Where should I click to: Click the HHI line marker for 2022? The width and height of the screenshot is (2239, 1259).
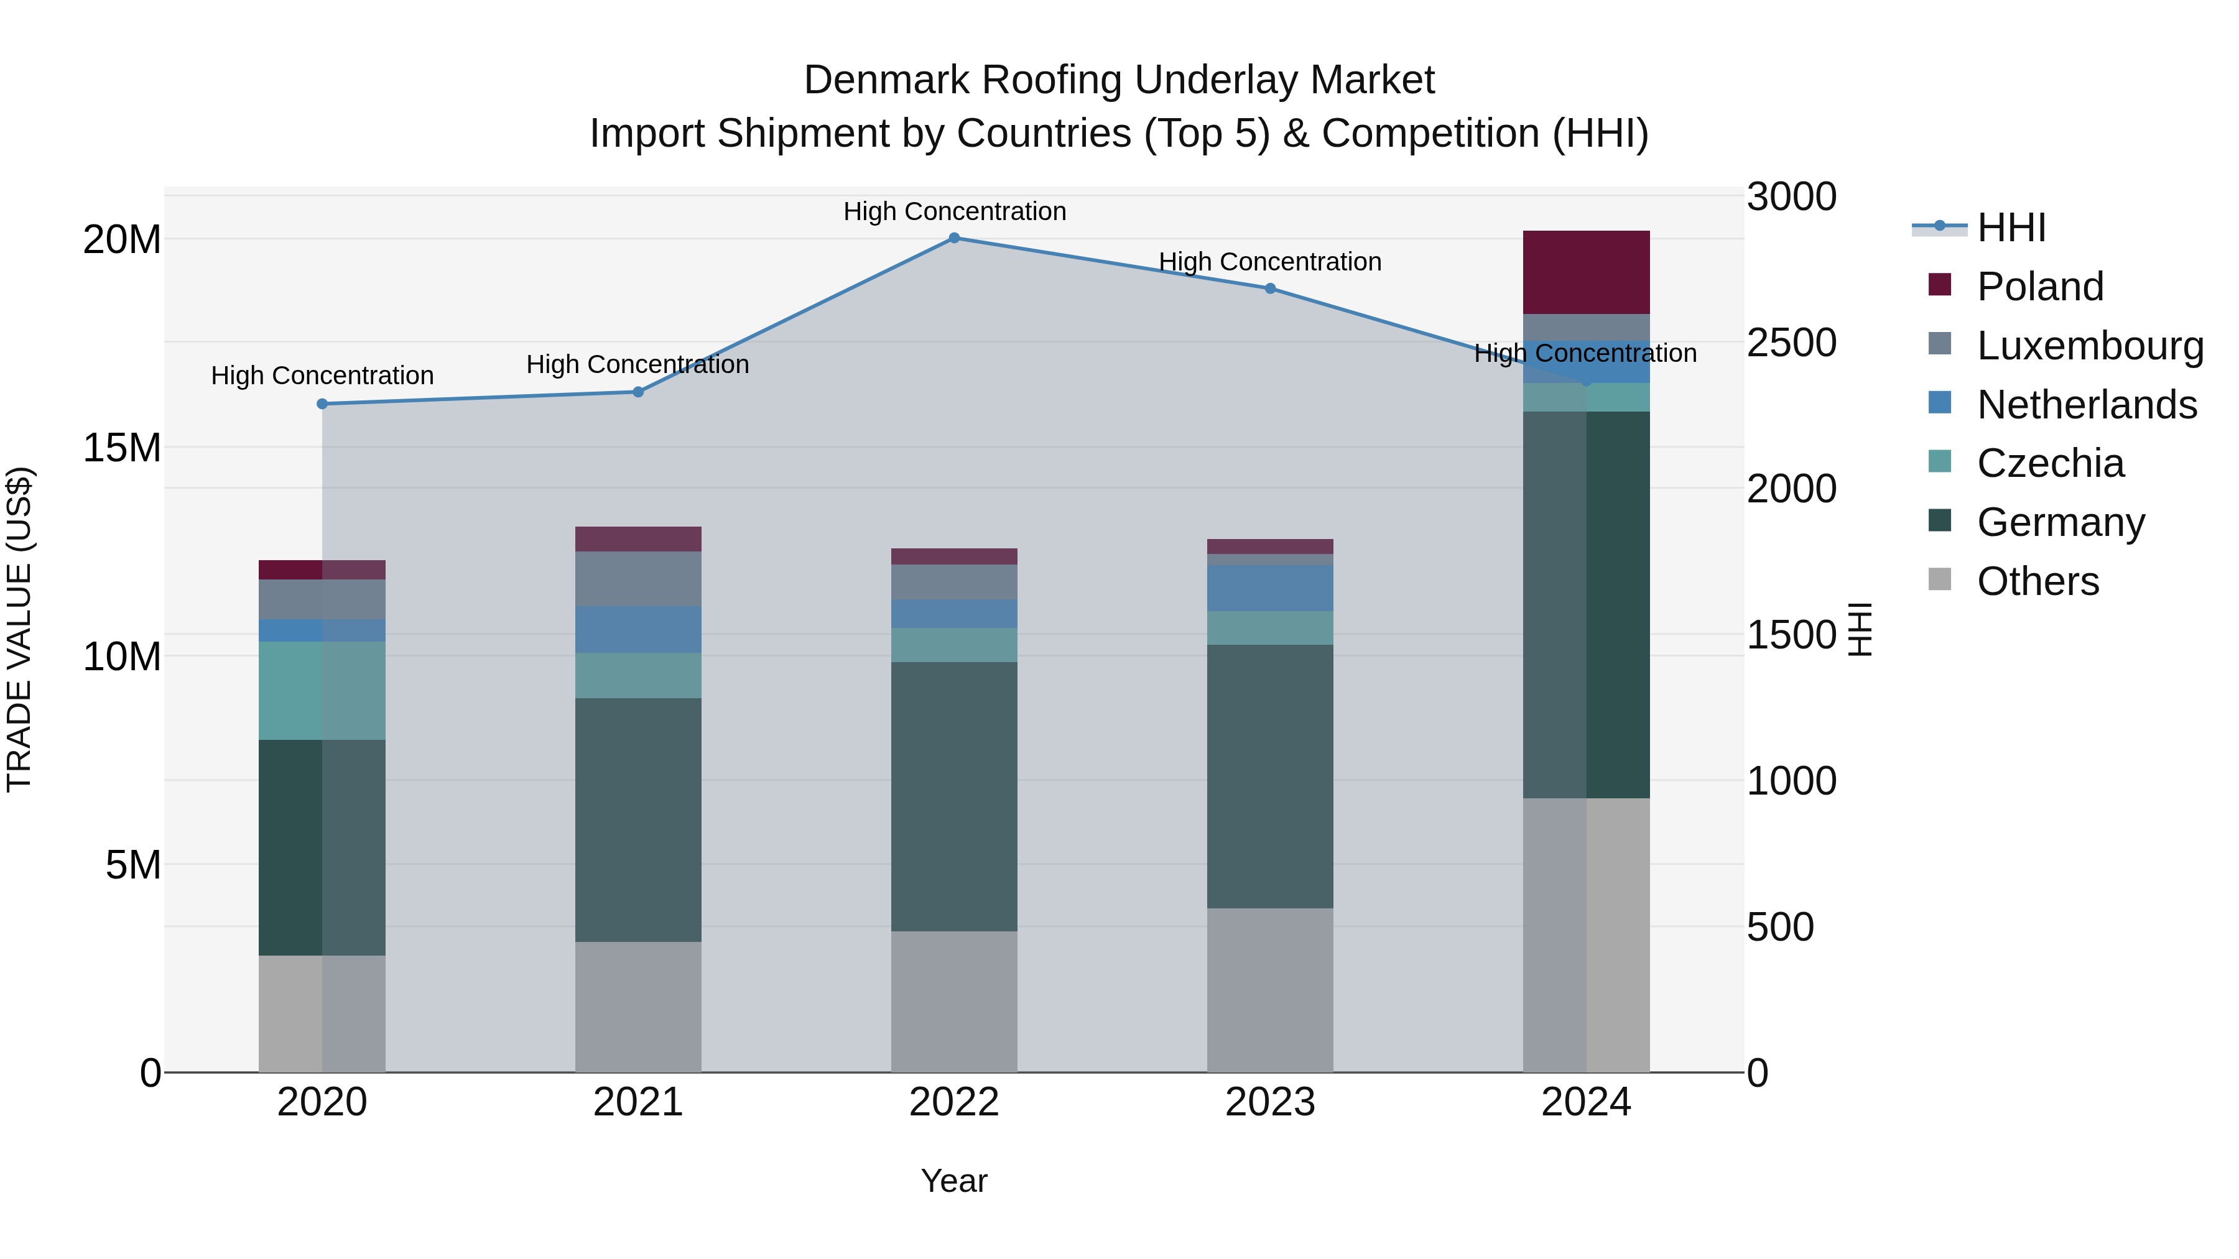click(x=953, y=238)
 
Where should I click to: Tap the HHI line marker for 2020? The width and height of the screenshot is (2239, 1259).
click(x=322, y=404)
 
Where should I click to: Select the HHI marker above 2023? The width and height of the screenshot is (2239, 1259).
click(x=1270, y=288)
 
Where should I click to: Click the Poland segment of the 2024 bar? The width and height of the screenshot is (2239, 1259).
click(x=1586, y=272)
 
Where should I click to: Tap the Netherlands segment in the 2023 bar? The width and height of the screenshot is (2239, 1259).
click(x=1270, y=588)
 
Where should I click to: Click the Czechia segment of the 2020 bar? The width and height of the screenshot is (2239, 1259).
click(x=322, y=691)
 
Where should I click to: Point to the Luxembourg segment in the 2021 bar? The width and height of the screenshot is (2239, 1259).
click(x=638, y=579)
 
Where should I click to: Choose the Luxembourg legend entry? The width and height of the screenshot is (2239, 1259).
click(x=2090, y=346)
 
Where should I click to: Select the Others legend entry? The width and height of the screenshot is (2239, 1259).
click(x=2037, y=581)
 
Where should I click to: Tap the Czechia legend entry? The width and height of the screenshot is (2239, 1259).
click(x=2049, y=463)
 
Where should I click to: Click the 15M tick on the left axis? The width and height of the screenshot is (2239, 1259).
click(x=122, y=448)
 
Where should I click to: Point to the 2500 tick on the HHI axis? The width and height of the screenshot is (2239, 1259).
click(x=1792, y=343)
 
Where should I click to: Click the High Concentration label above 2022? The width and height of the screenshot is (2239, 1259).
click(x=954, y=211)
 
